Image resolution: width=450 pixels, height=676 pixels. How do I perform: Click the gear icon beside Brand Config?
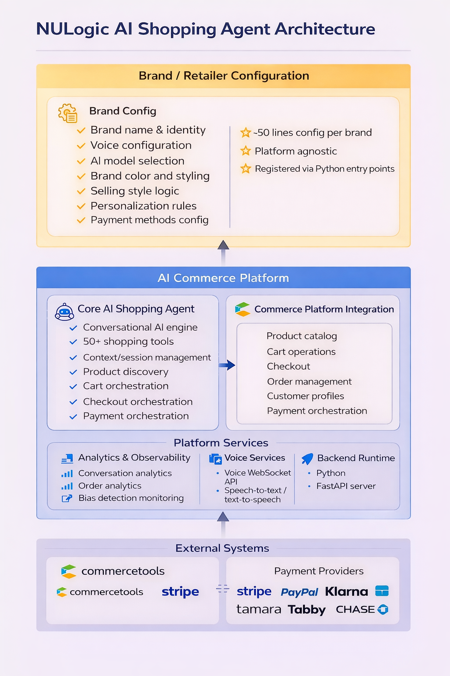click(68, 113)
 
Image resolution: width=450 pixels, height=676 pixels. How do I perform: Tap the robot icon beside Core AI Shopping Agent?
click(65, 312)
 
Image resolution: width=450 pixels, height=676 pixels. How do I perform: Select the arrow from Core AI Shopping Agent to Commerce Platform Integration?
click(227, 365)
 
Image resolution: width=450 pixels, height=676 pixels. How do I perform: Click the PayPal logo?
click(299, 592)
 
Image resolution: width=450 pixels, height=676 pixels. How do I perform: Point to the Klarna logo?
click(347, 591)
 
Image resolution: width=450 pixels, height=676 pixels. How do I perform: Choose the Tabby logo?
click(307, 610)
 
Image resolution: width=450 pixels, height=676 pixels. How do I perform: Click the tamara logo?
click(258, 609)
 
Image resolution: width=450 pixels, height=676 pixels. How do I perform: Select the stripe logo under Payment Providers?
click(254, 591)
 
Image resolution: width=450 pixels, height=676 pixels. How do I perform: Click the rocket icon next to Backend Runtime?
click(308, 459)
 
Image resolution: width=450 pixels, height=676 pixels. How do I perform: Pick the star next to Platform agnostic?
click(246, 151)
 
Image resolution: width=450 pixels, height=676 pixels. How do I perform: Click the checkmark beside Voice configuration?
click(81, 146)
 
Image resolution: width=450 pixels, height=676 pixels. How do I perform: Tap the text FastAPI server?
click(346, 486)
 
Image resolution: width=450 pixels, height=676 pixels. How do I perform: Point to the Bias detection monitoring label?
click(131, 498)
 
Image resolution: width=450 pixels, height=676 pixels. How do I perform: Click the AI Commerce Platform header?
click(223, 278)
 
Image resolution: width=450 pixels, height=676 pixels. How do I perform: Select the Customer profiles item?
click(305, 396)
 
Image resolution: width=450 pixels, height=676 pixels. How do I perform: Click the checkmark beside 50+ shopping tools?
click(73, 342)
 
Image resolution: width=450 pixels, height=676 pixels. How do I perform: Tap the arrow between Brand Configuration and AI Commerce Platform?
click(223, 253)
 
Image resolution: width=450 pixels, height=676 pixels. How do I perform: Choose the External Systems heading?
click(222, 548)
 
